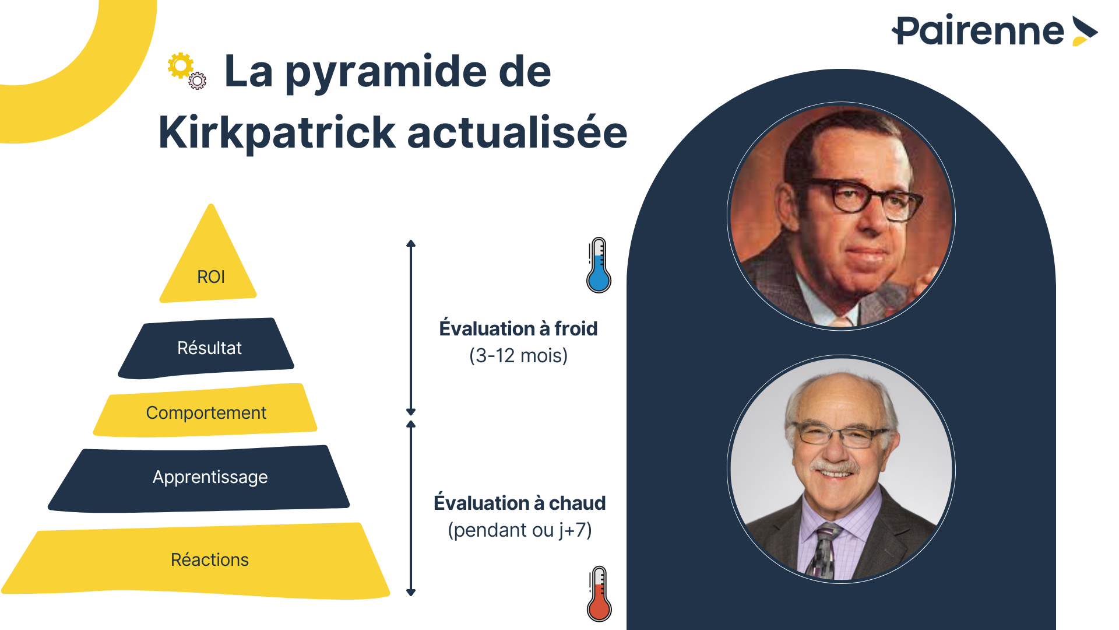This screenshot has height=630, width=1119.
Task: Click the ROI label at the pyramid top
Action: click(211, 276)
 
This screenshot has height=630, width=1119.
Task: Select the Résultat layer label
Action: click(209, 348)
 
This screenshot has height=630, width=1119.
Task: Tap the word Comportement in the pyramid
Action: click(206, 412)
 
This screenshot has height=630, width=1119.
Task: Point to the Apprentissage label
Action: click(210, 477)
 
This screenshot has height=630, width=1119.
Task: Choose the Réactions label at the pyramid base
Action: click(210, 559)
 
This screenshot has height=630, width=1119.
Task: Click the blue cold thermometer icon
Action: click(599, 265)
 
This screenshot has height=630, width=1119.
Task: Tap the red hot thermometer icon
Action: click(599, 593)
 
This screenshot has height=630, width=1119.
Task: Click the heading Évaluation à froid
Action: click(518, 328)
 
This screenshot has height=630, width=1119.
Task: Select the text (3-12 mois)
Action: click(518, 355)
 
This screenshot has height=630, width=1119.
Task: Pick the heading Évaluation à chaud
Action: click(520, 503)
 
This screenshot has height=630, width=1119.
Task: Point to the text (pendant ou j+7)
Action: click(520, 530)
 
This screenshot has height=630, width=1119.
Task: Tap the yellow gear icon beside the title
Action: click(181, 66)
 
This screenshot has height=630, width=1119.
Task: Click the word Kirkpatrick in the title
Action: click(277, 133)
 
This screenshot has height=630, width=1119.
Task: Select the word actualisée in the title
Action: click(518, 132)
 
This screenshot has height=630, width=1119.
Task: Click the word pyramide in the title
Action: click(386, 72)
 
